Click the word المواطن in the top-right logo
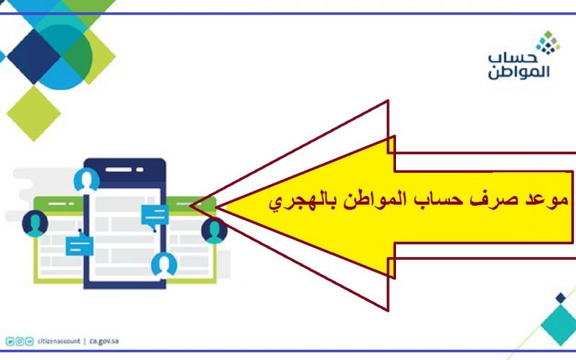coord(519,71)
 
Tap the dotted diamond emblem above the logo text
coord(548,42)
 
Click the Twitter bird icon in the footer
coord(10,341)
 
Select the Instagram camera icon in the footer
coord(20,341)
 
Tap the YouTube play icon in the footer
coord(30,341)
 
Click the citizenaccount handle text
coord(59,341)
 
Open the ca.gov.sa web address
coord(104,341)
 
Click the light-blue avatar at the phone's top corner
coord(86,181)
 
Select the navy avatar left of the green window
coord(35,223)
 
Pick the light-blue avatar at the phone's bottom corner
coord(164,264)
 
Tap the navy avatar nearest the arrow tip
coord(215,231)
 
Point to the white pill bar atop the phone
coord(119,169)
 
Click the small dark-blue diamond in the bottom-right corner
coord(561,297)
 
